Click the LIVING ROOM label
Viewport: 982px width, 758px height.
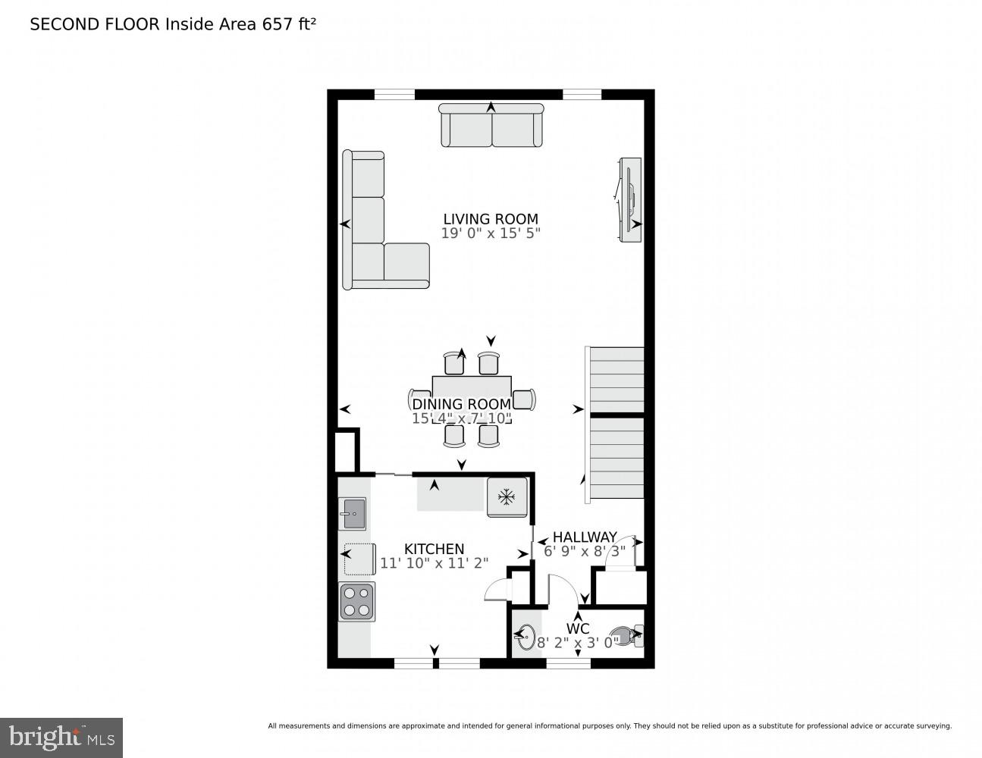point(491,219)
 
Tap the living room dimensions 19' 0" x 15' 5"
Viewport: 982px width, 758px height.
point(491,233)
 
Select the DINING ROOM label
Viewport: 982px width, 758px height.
point(461,405)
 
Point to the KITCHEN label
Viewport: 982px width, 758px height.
point(434,549)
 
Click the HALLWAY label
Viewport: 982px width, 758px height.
point(584,537)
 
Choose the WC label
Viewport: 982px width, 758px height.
point(578,628)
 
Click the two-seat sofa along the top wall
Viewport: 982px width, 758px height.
point(491,126)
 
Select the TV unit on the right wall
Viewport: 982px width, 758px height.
point(629,200)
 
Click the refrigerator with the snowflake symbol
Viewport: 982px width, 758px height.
point(506,497)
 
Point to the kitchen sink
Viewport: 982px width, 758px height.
point(353,513)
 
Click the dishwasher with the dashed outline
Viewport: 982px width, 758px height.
point(359,559)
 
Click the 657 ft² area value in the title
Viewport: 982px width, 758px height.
point(288,24)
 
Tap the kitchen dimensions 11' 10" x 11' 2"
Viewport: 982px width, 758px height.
point(434,563)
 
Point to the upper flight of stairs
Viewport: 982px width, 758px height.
point(616,379)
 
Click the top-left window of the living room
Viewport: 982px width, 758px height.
point(394,95)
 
